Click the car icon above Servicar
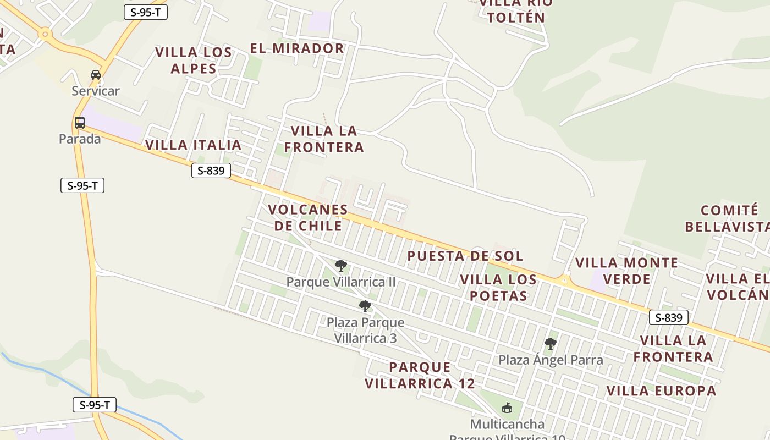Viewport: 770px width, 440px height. click(96, 75)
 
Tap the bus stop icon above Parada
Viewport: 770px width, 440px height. click(80, 123)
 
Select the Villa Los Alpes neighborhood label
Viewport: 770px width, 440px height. click(194, 61)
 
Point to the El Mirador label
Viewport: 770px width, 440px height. click(297, 48)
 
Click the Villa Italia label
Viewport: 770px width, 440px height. click(194, 145)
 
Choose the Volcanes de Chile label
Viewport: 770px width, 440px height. click(308, 218)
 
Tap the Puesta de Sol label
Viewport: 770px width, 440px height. click(465, 256)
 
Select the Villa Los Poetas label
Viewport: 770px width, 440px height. click(498, 288)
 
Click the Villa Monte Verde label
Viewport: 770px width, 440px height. click(626, 271)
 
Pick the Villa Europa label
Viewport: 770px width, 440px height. click(662, 391)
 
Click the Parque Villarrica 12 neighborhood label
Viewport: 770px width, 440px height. click(420, 375)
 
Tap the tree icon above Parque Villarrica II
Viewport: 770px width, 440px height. click(341, 266)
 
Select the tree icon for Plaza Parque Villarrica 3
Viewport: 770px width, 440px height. click(365, 306)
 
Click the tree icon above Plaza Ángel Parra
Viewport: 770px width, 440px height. click(550, 344)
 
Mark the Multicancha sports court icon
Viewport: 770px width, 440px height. click(507, 408)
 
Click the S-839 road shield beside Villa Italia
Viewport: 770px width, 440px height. click(211, 171)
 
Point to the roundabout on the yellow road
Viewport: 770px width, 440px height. click(45, 35)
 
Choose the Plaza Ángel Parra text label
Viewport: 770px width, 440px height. click(551, 360)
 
